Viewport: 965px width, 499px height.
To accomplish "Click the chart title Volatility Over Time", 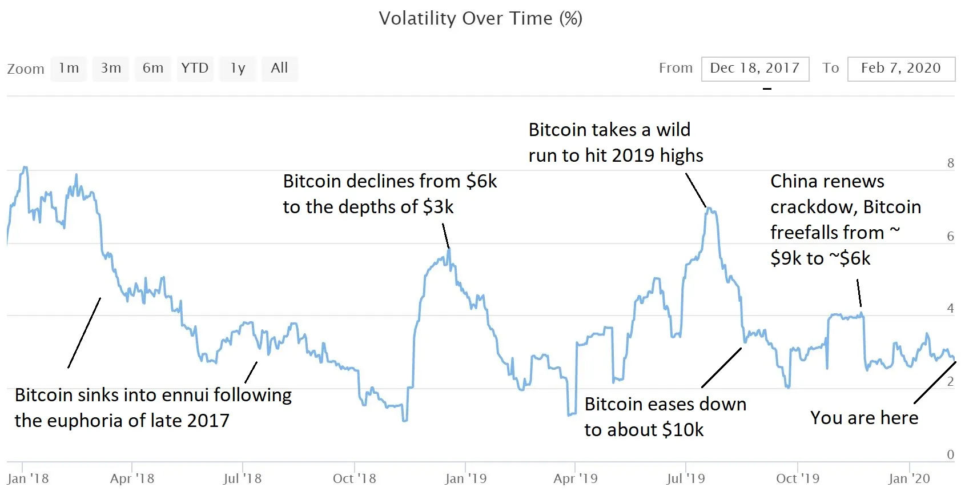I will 480,18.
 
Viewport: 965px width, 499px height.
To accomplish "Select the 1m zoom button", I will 69,69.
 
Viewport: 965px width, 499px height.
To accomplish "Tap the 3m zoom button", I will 111,69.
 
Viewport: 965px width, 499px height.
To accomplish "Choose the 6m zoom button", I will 153,69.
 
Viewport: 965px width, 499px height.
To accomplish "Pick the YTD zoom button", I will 195,69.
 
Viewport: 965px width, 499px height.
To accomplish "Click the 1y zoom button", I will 238,69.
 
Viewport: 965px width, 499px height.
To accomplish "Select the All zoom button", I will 279,69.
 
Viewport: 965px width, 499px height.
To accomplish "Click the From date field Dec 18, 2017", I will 755,69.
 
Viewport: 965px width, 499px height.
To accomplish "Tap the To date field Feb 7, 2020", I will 900,69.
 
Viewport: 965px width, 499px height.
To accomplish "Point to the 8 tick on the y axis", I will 950,163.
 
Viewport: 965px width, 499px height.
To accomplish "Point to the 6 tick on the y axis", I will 950,236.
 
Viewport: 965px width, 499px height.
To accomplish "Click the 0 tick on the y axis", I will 950,454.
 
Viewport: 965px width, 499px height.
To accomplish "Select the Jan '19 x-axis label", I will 466,478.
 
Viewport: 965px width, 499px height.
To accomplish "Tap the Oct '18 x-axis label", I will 355,478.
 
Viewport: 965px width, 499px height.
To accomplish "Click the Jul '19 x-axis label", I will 686,478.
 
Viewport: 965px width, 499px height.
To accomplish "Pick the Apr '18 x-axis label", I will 132,478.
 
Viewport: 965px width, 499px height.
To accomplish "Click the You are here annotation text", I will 864,418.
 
